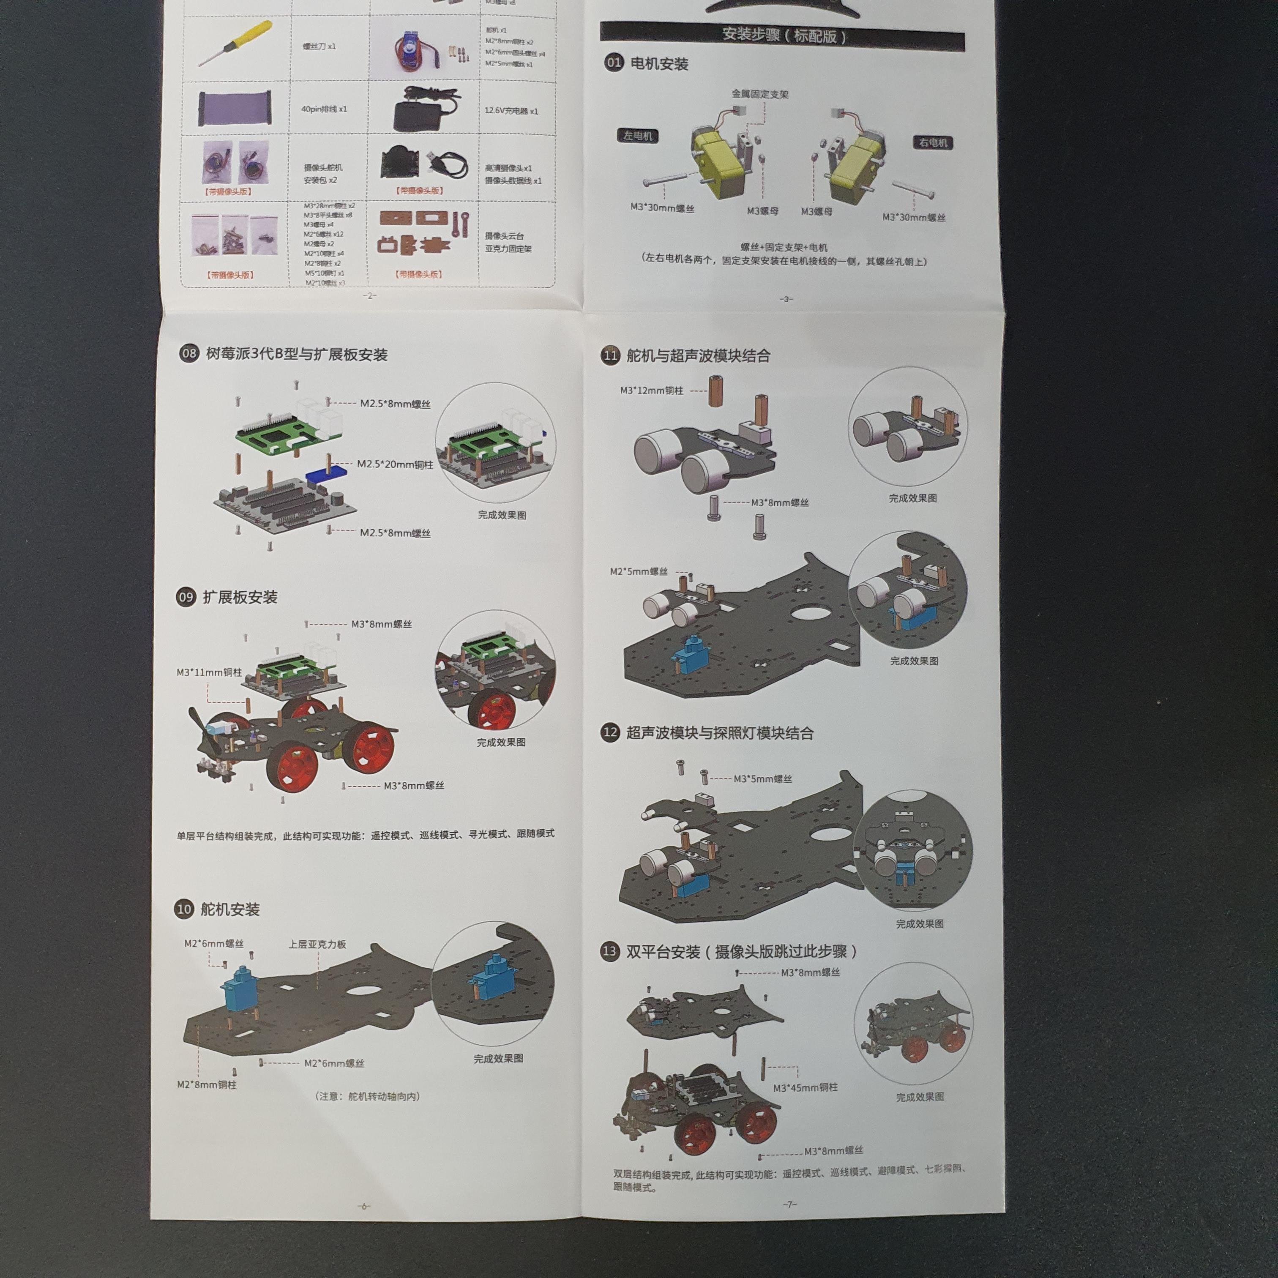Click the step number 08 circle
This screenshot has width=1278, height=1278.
[189, 353]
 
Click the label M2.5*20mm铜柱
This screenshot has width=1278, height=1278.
[395, 464]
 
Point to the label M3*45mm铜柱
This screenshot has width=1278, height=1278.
[805, 1087]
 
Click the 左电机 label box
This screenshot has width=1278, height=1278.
[638, 136]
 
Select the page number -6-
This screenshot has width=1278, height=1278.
[363, 1206]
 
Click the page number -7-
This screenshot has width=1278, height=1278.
[789, 1204]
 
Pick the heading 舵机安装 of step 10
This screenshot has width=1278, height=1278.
[230, 909]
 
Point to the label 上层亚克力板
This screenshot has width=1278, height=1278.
[317, 944]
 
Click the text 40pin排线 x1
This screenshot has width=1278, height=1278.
[324, 109]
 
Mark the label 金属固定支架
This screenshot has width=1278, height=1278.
[760, 94]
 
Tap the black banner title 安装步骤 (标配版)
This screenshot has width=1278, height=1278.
[783, 35]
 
